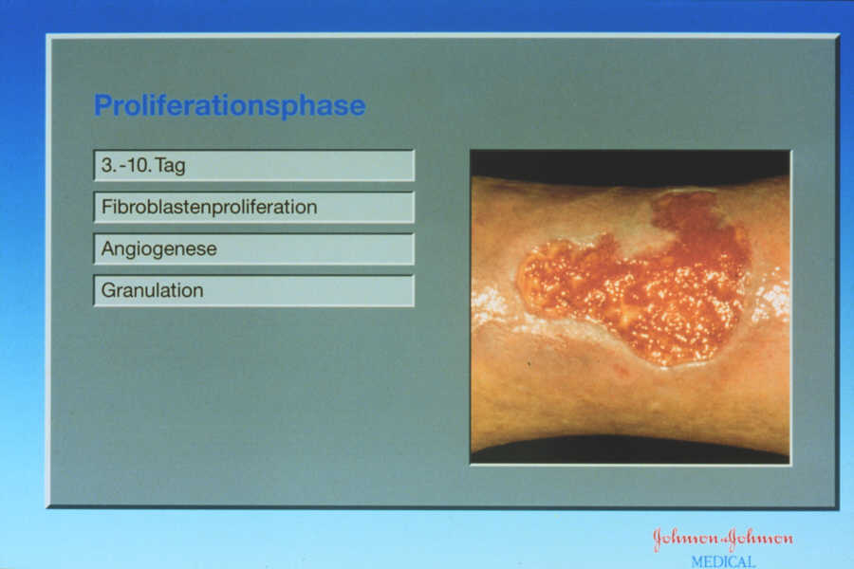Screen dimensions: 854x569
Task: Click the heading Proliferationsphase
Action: [230, 105]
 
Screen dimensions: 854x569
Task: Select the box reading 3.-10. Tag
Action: [253, 166]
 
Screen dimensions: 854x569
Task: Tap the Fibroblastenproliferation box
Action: [253, 208]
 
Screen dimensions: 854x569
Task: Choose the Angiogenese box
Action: [253, 248]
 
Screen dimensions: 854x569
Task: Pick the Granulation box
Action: [253, 291]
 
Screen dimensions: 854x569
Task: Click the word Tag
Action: [170, 166]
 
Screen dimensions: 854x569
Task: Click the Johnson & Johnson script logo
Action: [723, 539]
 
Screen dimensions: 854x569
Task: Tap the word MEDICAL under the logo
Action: [723, 561]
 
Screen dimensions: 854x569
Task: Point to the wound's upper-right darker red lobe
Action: [700, 229]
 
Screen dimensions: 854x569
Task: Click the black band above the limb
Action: [630, 166]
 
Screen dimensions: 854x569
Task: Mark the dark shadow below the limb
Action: [630, 450]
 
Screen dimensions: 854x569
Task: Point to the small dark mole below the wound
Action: [529, 362]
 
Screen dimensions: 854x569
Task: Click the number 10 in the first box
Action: [138, 164]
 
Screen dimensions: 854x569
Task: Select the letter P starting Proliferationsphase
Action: [102, 105]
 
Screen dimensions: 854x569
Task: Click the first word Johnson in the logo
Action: [686, 539]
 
